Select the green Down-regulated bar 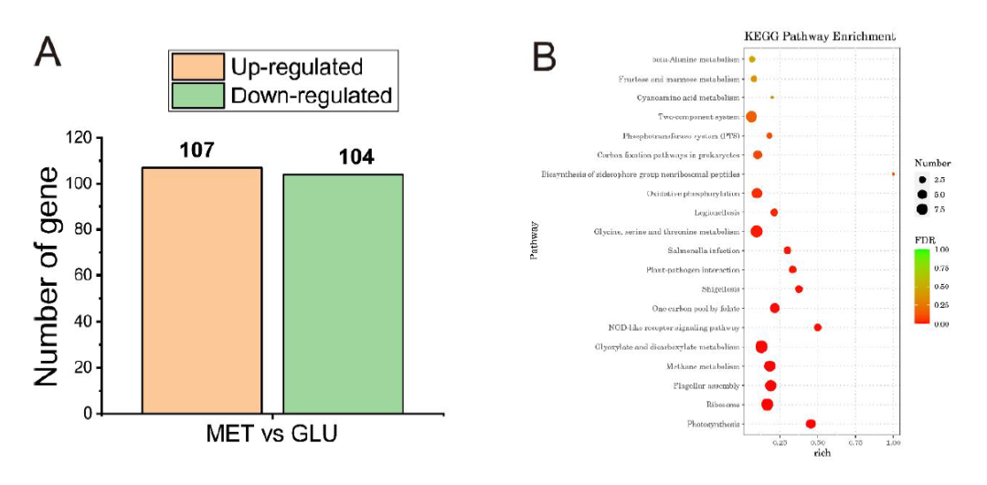tap(343, 293)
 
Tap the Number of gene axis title tap(48, 275)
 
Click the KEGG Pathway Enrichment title tap(820, 37)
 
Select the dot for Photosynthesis tap(811, 424)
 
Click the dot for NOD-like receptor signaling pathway tap(818, 327)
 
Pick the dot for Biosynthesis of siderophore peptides tap(893, 174)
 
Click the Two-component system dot tap(751, 117)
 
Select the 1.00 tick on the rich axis tap(894, 442)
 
